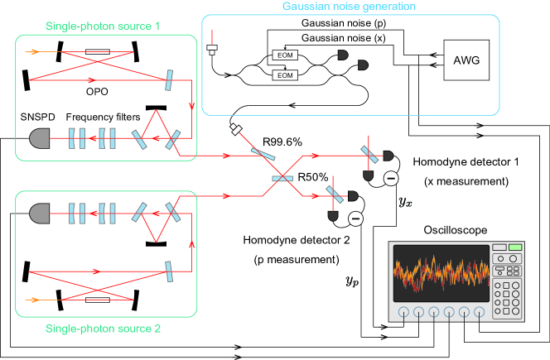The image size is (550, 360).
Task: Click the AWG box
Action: click(x=466, y=60)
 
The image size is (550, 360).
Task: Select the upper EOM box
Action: click(x=285, y=55)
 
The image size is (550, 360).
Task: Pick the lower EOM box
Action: click(x=285, y=75)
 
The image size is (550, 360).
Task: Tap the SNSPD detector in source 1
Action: click(x=39, y=138)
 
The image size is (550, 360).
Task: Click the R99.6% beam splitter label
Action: click(x=282, y=142)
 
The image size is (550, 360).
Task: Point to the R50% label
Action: click(x=312, y=177)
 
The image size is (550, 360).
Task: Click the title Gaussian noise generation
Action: click(x=349, y=7)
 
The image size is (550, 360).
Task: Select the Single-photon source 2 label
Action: click(x=103, y=329)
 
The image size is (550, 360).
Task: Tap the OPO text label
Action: click(x=97, y=92)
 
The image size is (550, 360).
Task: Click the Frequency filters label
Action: click(x=103, y=117)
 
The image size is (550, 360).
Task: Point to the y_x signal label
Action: click(x=406, y=202)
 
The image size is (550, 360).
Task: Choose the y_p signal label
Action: click(x=352, y=281)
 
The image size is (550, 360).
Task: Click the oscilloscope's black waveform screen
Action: click(x=441, y=273)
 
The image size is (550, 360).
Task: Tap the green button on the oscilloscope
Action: click(x=515, y=247)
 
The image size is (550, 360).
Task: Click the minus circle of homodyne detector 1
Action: click(x=391, y=179)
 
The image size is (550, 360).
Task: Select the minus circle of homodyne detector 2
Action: click(x=355, y=219)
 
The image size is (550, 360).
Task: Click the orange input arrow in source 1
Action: click(x=32, y=52)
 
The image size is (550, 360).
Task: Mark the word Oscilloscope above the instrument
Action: click(x=456, y=230)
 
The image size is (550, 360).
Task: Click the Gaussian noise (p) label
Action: click(x=344, y=23)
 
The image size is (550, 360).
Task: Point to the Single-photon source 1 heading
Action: click(x=103, y=26)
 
